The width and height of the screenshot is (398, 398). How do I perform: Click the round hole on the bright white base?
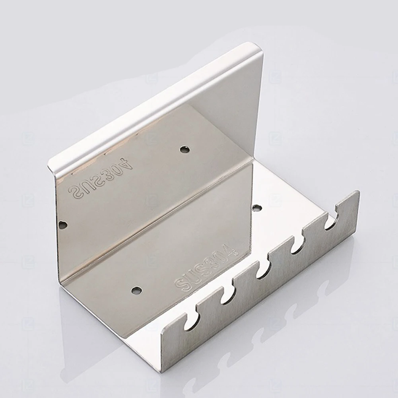(257, 208)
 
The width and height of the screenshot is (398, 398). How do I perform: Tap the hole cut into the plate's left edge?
(62, 225)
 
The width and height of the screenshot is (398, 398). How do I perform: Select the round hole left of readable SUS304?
(136, 290)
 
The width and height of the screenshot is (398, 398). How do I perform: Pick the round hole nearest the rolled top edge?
(184, 149)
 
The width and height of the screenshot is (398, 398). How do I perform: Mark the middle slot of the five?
(262, 270)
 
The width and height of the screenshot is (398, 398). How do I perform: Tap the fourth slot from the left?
(297, 246)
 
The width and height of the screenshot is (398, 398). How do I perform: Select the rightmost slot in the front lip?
(331, 222)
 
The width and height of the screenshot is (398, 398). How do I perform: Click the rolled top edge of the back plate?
(155, 103)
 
